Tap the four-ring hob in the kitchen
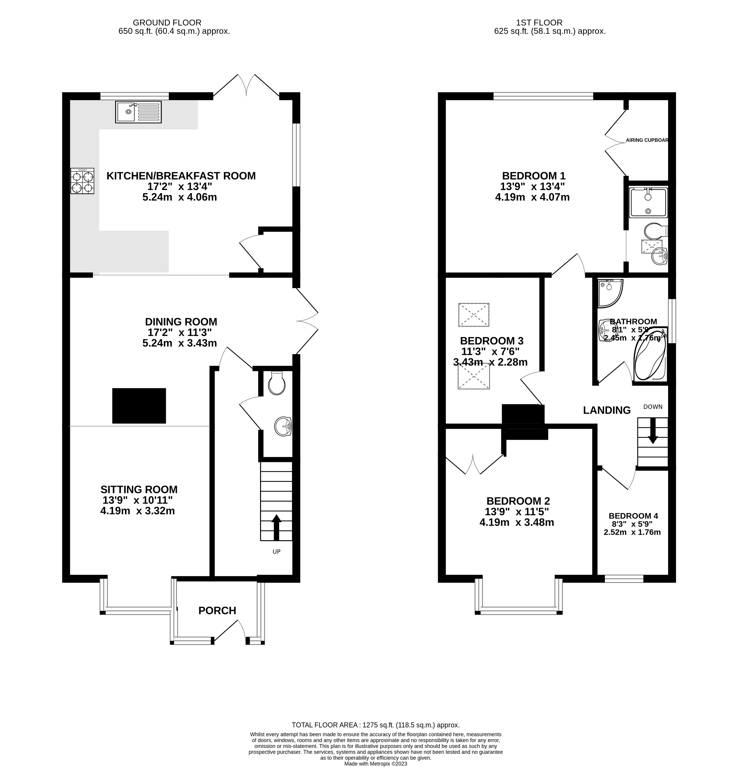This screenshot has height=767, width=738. [x=82, y=181]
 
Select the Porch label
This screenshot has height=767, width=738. [x=217, y=610]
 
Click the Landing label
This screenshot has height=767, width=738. [x=606, y=410]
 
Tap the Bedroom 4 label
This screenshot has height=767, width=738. [x=633, y=516]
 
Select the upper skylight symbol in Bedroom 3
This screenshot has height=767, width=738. [x=474, y=314]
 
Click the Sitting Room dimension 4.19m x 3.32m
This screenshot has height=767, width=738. [x=137, y=511]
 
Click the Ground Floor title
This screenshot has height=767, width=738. [x=167, y=23]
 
